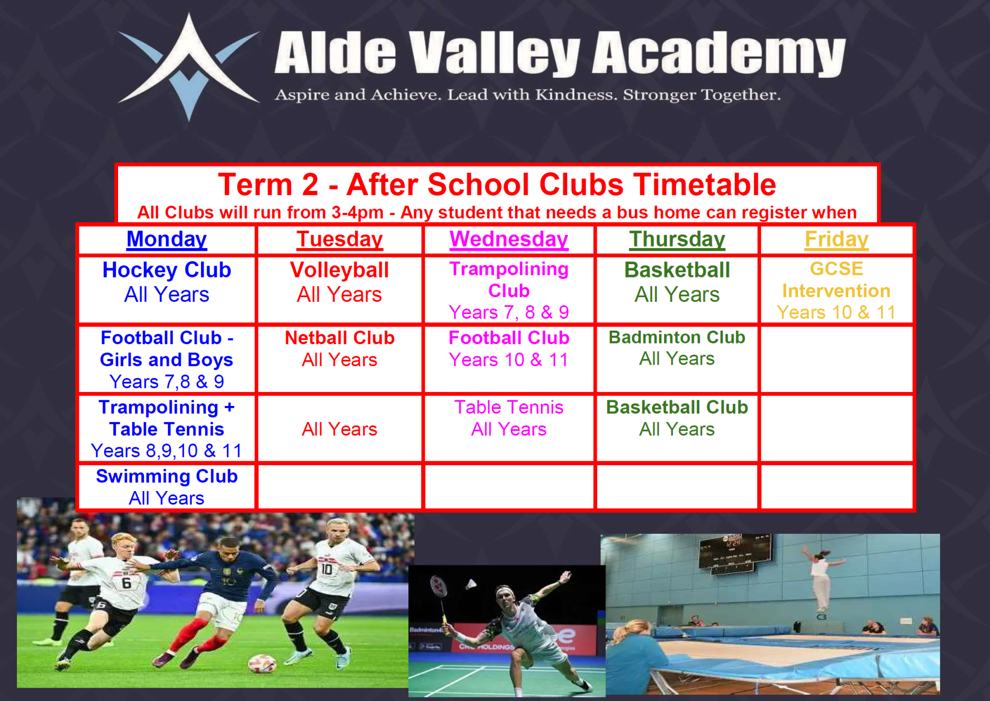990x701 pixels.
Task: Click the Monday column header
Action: (x=167, y=239)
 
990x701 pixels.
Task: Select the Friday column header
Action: (x=836, y=239)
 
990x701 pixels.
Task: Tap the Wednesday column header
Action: (x=509, y=239)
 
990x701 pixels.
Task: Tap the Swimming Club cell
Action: (x=167, y=487)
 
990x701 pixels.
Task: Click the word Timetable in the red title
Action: (x=704, y=185)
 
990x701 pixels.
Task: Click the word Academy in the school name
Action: (x=719, y=53)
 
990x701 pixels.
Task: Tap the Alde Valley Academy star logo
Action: (x=189, y=67)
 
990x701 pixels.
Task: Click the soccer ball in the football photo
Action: (x=261, y=664)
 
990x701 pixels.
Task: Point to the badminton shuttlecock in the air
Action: (x=471, y=584)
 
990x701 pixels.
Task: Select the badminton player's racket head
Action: (x=439, y=585)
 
